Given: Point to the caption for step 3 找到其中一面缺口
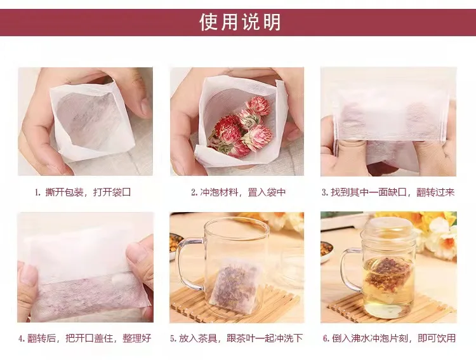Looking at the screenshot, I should (388, 192).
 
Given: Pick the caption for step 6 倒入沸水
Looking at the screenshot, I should (388, 338).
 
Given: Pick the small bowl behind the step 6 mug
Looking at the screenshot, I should (327, 248).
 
